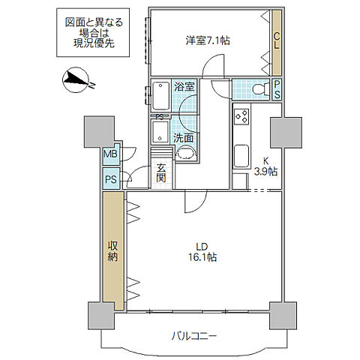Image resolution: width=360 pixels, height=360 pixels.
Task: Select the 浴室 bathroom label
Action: click(183, 86)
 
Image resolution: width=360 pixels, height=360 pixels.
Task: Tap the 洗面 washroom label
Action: click(184, 137)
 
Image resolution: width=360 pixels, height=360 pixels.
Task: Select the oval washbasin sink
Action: click(185, 154)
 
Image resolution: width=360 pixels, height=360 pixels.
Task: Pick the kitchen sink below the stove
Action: click(241, 156)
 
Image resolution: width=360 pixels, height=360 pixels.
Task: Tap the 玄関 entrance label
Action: click(161, 172)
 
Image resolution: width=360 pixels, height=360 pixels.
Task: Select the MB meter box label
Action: click(111, 154)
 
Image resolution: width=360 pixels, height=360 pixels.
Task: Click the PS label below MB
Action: click(111, 179)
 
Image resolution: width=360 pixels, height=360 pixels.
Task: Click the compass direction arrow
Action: click(77, 79)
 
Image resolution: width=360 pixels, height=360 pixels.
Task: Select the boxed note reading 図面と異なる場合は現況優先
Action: click(90, 33)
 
